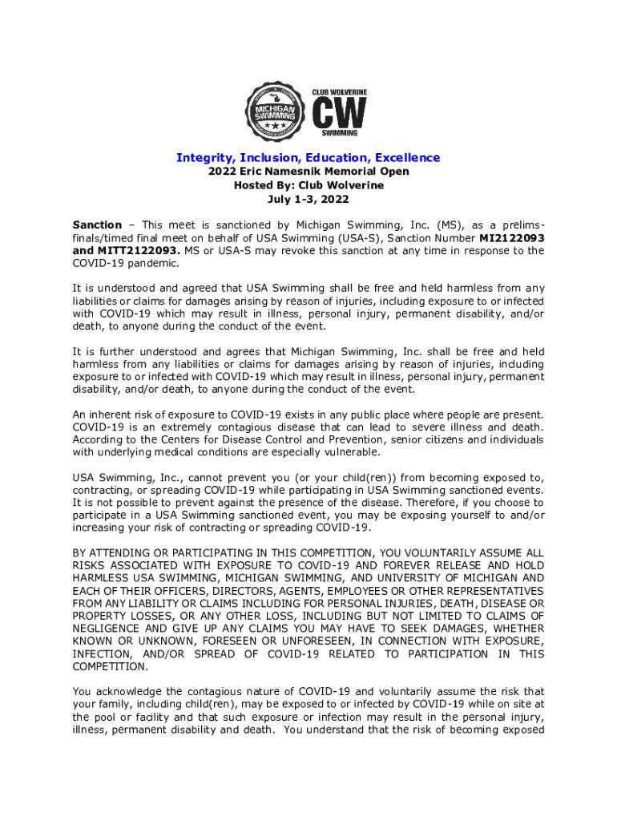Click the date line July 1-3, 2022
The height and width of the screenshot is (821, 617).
tap(308, 199)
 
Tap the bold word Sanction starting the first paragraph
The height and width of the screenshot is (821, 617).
tap(97, 225)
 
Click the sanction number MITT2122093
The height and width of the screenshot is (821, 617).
tap(126, 251)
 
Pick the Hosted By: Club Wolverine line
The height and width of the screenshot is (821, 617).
tap(308, 185)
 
